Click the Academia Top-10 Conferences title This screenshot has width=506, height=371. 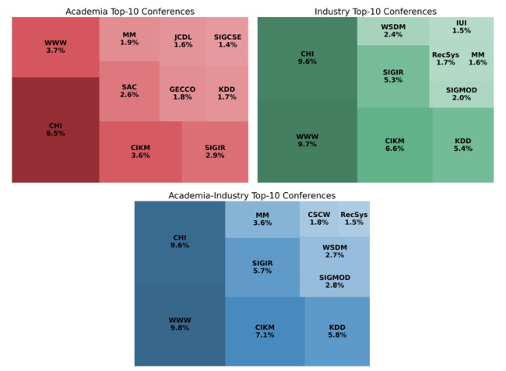click(131, 12)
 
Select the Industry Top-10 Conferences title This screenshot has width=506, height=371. click(375, 12)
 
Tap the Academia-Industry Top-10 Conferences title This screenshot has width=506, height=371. click(252, 195)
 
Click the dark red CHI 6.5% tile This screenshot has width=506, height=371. click(55, 129)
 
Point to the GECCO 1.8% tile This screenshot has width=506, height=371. click(182, 93)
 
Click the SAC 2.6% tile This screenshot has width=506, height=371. click(129, 90)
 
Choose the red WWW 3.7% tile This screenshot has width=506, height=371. click(55, 47)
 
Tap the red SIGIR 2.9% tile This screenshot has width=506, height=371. click(215, 151)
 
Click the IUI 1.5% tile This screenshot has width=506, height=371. click(462, 27)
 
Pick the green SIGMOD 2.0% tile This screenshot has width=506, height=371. click(462, 93)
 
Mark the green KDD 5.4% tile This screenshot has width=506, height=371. click(462, 145)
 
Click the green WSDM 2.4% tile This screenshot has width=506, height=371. click(393, 31)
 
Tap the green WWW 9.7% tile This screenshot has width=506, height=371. click(307, 141)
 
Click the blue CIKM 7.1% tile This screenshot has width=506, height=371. click(265, 331)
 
